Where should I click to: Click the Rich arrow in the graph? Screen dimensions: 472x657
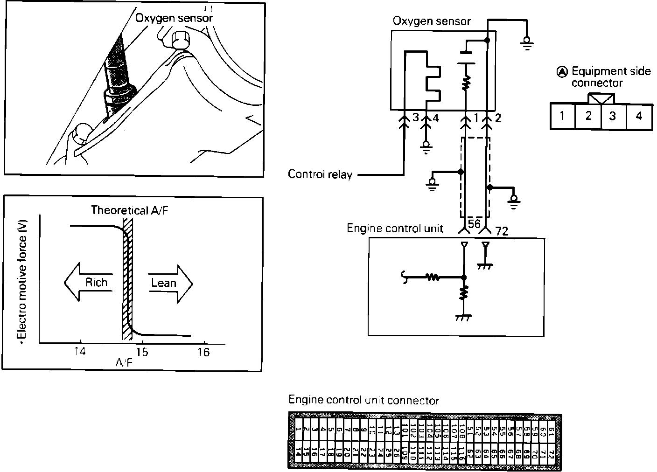pyautogui.click(x=88, y=283)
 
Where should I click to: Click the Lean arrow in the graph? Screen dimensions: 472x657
pyautogui.click(x=171, y=283)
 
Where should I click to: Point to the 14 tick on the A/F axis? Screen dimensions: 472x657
pyautogui.click(x=80, y=352)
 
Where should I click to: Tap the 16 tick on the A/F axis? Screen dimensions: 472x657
pyautogui.click(x=203, y=352)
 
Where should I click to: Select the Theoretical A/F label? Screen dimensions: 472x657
pyautogui.click(x=129, y=210)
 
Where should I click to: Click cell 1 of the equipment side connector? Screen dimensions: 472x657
pyautogui.click(x=562, y=115)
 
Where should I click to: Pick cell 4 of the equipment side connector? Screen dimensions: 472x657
pyautogui.click(x=639, y=115)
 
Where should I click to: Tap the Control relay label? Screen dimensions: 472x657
pyautogui.click(x=320, y=174)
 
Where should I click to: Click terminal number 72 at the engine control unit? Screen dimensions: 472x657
pyautogui.click(x=503, y=230)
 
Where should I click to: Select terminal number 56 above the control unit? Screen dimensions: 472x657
pyautogui.click(x=474, y=224)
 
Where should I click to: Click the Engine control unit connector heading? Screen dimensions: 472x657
pyautogui.click(x=363, y=400)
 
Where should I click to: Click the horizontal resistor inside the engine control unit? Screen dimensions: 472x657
pyautogui.click(x=433, y=278)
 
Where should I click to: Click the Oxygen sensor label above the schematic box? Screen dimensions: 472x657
pyautogui.click(x=432, y=21)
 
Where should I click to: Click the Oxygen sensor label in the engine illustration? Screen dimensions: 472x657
pyautogui.click(x=174, y=18)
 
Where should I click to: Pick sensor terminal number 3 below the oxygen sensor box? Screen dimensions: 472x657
pyautogui.click(x=416, y=118)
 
